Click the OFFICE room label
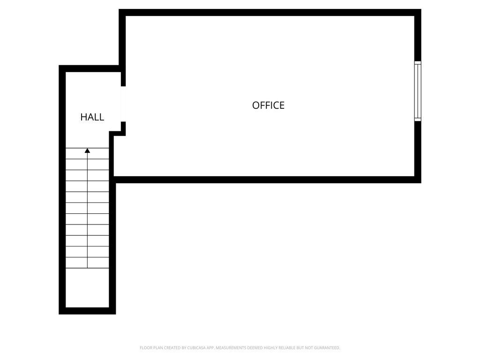(x=268, y=105)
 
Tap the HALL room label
(x=92, y=117)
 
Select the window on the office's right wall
(x=418, y=91)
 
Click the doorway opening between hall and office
(x=123, y=104)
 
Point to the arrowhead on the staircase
(x=87, y=150)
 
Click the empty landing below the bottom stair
(x=87, y=288)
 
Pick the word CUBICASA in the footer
(x=196, y=348)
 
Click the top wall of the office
(x=270, y=12)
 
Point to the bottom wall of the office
(x=265, y=180)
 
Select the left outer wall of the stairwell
(x=62, y=190)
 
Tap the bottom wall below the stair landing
(x=87, y=311)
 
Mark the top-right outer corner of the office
(x=421, y=9)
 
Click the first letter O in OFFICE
(x=256, y=105)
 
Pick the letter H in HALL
(x=83, y=117)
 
